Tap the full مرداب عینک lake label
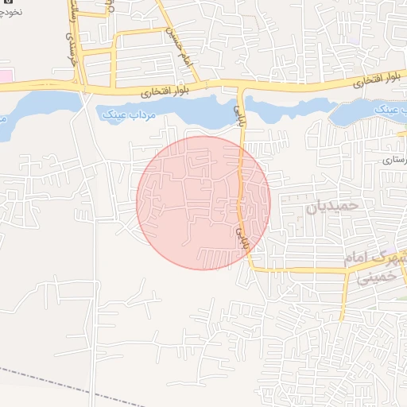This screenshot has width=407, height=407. pyautogui.click(x=132, y=114)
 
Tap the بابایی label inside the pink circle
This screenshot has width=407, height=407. pyautogui.click(x=239, y=235)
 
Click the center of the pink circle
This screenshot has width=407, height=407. pyautogui.click(x=203, y=202)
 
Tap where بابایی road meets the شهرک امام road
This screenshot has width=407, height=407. pyautogui.click(x=253, y=269)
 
